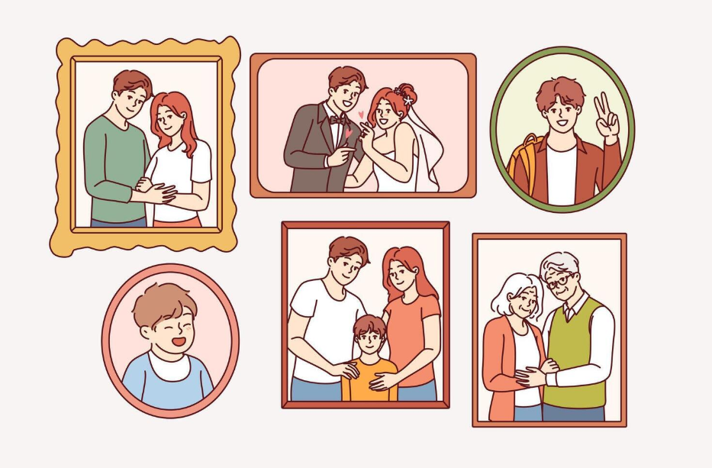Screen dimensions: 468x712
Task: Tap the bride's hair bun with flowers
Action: click(x=404, y=95)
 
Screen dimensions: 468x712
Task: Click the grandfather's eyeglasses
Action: click(x=559, y=282)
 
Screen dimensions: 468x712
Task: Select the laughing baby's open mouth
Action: click(x=178, y=341)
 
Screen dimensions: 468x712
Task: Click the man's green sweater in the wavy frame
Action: click(x=111, y=164)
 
